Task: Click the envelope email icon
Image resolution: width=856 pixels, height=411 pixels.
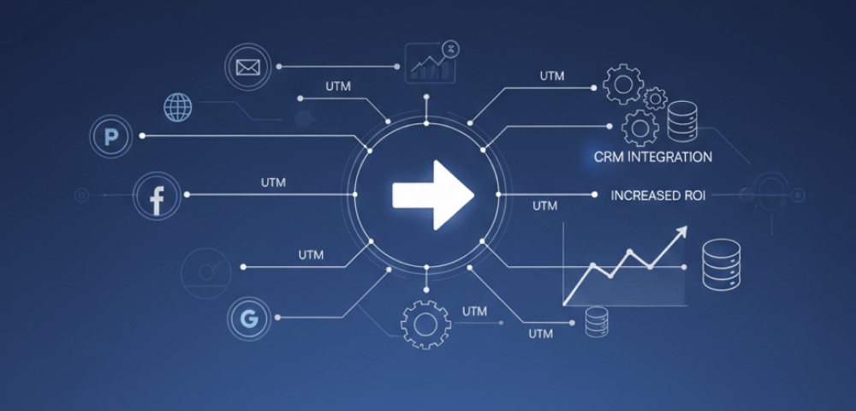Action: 247,66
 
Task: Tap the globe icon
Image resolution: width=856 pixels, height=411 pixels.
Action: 177,108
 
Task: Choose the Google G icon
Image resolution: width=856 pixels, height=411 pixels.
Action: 248,319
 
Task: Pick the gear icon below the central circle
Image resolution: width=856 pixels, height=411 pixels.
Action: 425,325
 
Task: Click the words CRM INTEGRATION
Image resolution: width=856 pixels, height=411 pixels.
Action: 653,158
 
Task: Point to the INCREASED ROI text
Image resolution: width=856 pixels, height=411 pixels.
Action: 658,196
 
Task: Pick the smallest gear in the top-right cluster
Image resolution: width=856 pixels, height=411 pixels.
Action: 656,98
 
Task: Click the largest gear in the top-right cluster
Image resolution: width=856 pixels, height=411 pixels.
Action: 622,84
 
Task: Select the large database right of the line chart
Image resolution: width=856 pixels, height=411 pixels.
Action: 720,265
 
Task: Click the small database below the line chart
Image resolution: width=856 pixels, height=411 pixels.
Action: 596,323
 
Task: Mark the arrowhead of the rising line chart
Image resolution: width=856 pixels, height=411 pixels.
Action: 682,231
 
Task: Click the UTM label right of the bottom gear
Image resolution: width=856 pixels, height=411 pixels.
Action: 474,311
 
